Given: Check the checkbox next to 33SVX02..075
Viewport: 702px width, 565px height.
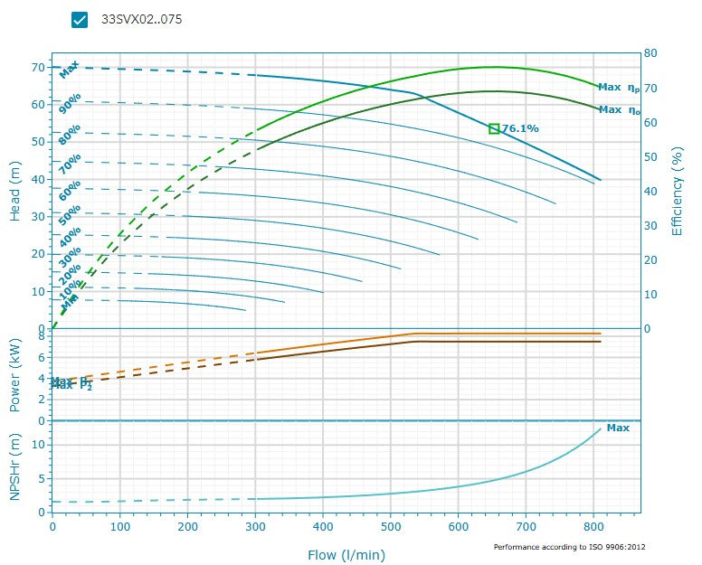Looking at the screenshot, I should point(80,20).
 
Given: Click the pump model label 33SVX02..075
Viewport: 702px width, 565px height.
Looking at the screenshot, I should point(141,19).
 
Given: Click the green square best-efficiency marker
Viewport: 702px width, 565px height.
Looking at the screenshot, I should point(494,128).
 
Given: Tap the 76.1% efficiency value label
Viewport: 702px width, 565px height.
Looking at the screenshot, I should point(520,128).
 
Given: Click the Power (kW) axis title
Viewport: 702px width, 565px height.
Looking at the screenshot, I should point(15,373).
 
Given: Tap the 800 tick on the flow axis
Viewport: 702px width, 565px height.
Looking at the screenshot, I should point(594,525).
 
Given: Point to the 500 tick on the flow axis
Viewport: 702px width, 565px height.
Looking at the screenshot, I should point(391,525).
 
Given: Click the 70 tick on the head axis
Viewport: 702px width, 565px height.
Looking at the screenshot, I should point(38,68).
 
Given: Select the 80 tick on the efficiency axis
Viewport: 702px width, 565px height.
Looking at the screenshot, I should point(650,53).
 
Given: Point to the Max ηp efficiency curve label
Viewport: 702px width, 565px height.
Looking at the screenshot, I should point(620,88).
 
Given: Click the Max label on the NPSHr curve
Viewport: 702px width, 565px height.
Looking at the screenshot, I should point(618,428).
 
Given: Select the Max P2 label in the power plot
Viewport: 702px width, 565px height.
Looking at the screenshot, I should point(71,383).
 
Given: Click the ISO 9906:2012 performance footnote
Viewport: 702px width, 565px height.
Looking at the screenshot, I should point(569,547).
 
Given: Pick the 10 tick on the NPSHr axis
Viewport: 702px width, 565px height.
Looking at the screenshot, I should point(40,444).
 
